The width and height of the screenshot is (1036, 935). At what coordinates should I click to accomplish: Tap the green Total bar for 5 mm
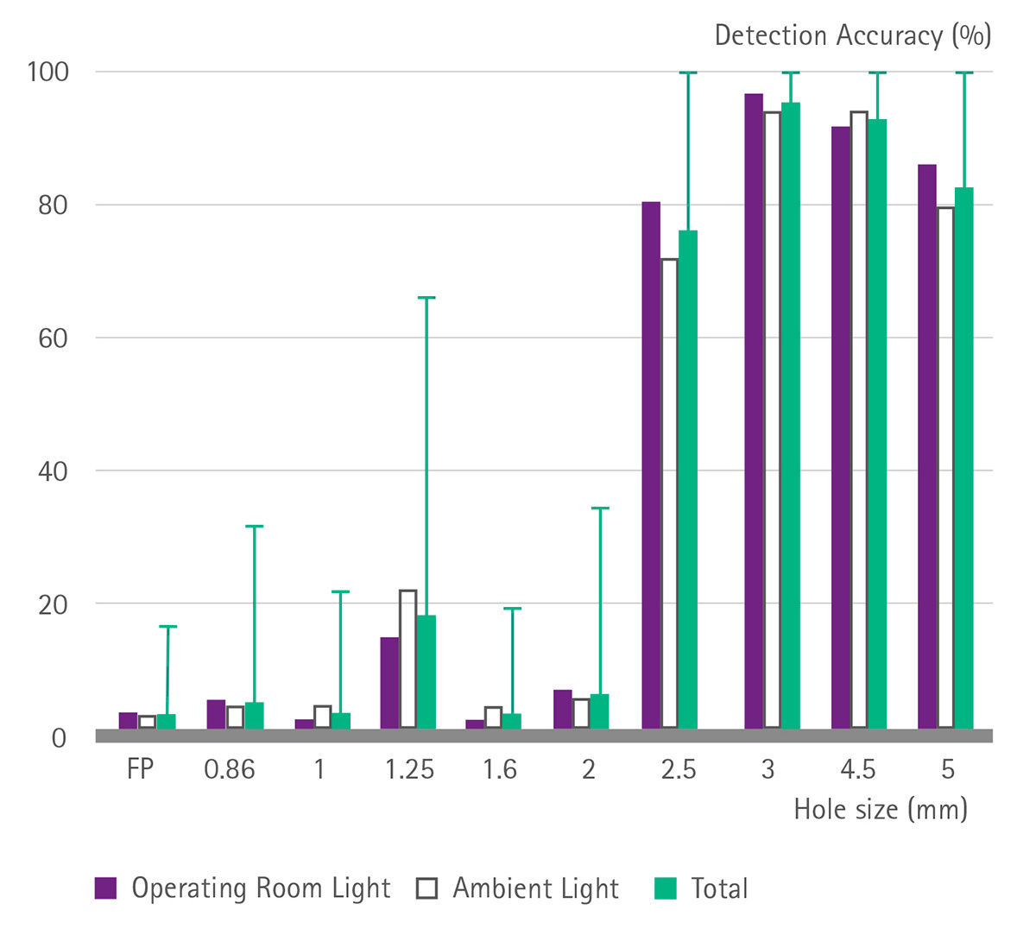tap(963, 458)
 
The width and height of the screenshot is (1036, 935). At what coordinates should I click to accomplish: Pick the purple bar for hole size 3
tap(754, 411)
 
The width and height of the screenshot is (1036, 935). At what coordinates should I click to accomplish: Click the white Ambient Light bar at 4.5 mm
tap(859, 420)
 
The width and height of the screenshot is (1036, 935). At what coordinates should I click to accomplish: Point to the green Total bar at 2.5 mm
tap(687, 479)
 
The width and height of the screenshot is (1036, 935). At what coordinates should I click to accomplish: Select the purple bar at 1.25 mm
tap(389, 682)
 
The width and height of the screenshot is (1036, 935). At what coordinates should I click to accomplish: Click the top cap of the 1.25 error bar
tap(426, 298)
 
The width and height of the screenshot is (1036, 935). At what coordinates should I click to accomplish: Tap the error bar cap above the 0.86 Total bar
tap(254, 526)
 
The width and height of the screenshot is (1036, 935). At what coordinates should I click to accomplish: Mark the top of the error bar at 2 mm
tap(600, 509)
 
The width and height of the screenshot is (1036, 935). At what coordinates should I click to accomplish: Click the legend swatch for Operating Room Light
tap(105, 888)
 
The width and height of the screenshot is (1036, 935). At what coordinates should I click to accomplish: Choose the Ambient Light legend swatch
tap(426, 888)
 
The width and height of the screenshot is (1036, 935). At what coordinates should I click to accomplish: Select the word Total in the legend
tap(719, 888)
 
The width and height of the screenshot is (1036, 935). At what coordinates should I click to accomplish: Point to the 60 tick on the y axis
tap(53, 338)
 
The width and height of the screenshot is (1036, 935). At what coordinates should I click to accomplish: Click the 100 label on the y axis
tap(47, 72)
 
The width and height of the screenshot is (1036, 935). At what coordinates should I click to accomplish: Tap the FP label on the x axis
tap(140, 769)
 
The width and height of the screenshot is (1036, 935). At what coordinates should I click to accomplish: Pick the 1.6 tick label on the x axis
tap(500, 769)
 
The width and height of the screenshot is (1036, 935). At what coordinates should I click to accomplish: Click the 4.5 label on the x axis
tap(857, 769)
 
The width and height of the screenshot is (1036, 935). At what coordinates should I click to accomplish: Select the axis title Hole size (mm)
tap(881, 810)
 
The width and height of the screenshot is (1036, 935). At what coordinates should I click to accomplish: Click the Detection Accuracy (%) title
tap(852, 35)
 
